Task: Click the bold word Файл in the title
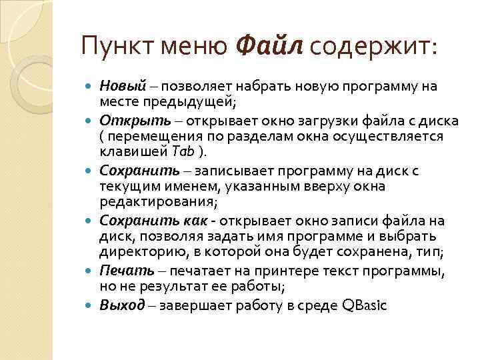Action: pyautogui.click(x=270, y=47)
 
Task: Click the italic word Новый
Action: pyautogui.click(x=123, y=86)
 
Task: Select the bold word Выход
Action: pyautogui.click(x=122, y=305)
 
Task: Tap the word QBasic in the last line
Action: pyautogui.click(x=363, y=305)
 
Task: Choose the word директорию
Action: pyautogui.click(x=137, y=251)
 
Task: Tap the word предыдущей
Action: pyautogui.click(x=197, y=101)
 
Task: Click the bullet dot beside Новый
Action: pyautogui.click(x=90, y=87)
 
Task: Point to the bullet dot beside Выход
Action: pyautogui.click(x=90, y=306)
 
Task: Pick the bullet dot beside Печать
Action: pyautogui.click(x=90, y=272)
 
